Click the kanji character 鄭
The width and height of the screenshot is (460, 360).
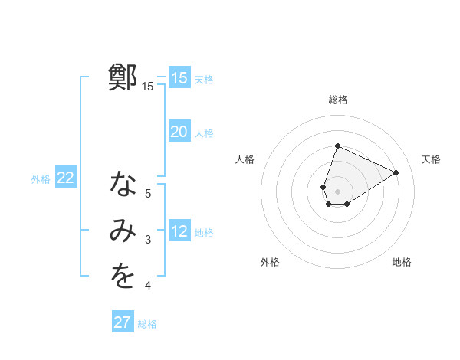pyautogui.click(x=123, y=78)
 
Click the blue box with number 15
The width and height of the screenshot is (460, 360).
pyautogui.click(x=179, y=78)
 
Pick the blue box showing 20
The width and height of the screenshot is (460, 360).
pyautogui.click(x=179, y=132)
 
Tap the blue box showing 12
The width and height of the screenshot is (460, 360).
pyautogui.click(x=179, y=231)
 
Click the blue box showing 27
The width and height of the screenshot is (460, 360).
pyautogui.click(x=122, y=322)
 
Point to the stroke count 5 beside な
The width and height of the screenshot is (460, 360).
pyautogui.click(x=148, y=194)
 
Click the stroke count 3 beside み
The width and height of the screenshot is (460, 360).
pyautogui.click(x=148, y=241)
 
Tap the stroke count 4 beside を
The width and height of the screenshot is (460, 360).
pyautogui.click(x=148, y=286)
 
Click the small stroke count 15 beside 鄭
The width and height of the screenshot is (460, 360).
pyautogui.click(x=147, y=87)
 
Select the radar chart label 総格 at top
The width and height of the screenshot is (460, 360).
pyautogui.click(x=337, y=100)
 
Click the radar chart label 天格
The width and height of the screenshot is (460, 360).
pyautogui.click(x=431, y=159)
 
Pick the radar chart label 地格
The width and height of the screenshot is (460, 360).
pyautogui.click(x=402, y=262)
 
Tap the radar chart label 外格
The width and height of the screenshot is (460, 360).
pyautogui.click(x=270, y=262)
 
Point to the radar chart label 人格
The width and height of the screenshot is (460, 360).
pyautogui.click(x=245, y=159)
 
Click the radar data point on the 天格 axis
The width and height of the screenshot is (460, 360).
pyautogui.click(x=396, y=172)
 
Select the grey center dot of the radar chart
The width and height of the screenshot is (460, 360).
pyautogui.click(x=337, y=191)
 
